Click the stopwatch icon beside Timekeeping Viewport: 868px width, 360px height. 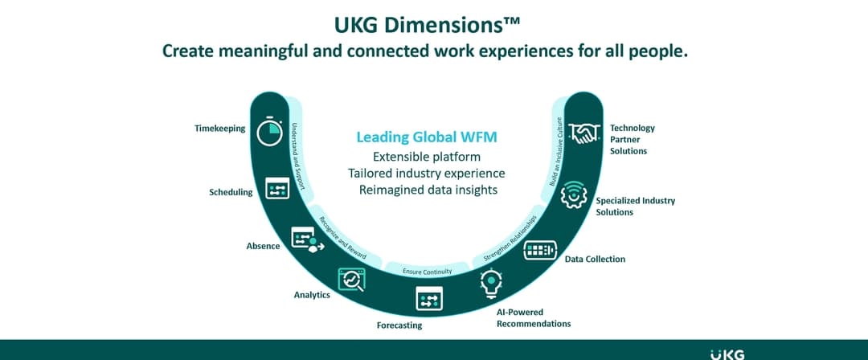(x=270, y=131)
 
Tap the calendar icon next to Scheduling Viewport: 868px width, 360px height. (x=277, y=189)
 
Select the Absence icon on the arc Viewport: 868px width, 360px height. (x=306, y=239)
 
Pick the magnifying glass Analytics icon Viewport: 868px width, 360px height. (x=351, y=278)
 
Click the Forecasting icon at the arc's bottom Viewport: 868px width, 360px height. (x=429, y=299)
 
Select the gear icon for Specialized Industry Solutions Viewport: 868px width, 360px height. (x=573, y=195)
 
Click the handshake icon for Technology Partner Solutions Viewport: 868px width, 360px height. (x=584, y=133)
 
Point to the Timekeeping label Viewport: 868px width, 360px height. (x=219, y=129)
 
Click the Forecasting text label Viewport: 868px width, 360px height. (x=399, y=325)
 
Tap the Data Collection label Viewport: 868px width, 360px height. (x=595, y=260)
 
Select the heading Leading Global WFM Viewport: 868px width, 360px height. (x=427, y=137)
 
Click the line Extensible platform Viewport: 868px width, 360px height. (x=427, y=156)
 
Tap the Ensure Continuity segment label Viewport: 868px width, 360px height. (x=427, y=272)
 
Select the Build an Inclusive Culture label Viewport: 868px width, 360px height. (x=555, y=153)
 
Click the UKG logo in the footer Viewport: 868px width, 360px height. (x=727, y=354)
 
